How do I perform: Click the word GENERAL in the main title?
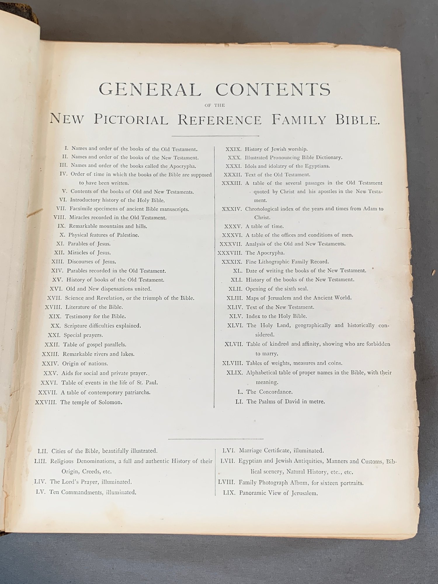[150, 89]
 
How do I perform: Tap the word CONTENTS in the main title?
[273, 89]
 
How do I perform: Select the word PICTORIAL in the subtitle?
[131, 120]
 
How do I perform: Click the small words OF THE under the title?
[215, 105]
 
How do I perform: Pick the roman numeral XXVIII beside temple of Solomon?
[46, 402]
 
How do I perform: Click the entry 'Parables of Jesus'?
[89, 244]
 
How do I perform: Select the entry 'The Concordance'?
[269, 392]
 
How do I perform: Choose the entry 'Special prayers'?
[83, 335]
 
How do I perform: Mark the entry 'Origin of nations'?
[85, 364]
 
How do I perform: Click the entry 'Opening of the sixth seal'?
[277, 289]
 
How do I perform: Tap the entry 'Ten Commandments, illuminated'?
[93, 492]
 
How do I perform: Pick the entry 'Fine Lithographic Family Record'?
[287, 262]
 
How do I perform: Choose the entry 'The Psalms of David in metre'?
[286, 401]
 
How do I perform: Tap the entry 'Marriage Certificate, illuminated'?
[281, 451]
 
